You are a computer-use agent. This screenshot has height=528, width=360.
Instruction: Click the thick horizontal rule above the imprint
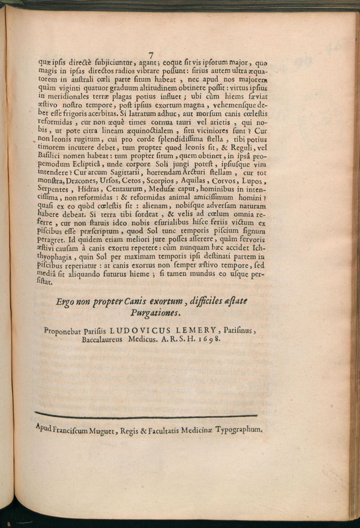146,415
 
